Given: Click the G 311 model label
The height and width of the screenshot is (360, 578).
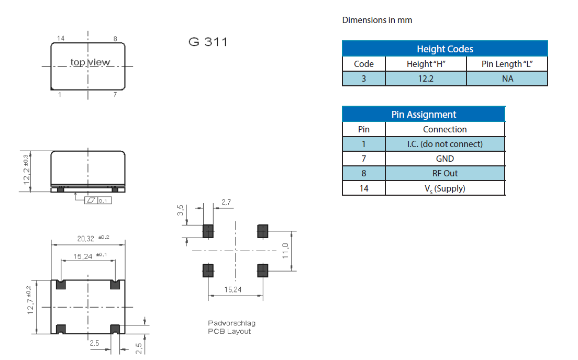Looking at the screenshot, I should click(x=208, y=42).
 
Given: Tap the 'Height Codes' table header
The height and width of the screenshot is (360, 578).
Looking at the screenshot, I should click(x=444, y=49).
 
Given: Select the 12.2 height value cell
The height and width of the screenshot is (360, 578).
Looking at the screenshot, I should click(x=426, y=78).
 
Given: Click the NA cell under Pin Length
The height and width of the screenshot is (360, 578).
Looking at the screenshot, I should click(x=507, y=78).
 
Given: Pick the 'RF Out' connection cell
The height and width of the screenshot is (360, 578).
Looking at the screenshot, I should click(x=444, y=173).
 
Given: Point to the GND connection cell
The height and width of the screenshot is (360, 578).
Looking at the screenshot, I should click(x=444, y=159).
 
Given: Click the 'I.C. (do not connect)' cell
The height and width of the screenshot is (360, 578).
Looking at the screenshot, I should click(x=444, y=144).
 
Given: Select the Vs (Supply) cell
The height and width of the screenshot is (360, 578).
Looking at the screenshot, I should click(x=444, y=188).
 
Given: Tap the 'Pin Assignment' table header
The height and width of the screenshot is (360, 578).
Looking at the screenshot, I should click(x=424, y=114).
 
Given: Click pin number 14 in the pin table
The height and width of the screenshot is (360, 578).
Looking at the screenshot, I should click(x=363, y=188).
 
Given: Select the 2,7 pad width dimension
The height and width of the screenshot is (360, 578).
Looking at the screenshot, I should click(x=226, y=201).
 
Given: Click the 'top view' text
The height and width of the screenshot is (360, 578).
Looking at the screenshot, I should click(x=90, y=62).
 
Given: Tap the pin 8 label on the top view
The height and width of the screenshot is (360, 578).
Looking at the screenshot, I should click(x=115, y=39).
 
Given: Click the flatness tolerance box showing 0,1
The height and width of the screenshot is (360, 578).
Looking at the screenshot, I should click(x=98, y=200).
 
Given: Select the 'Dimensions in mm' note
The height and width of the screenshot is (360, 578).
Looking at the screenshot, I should click(x=377, y=20).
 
